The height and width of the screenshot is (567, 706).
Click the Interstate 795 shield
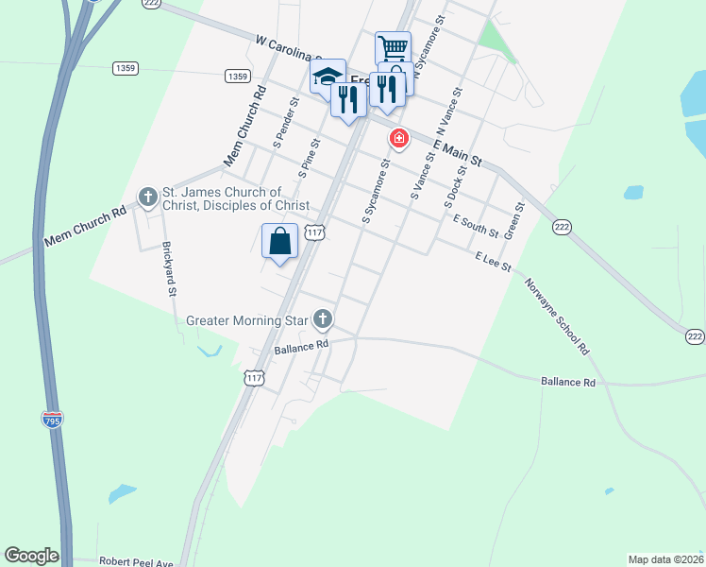(52, 418)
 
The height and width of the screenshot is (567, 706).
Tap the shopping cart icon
(393, 48)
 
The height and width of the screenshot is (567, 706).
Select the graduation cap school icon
(328, 76)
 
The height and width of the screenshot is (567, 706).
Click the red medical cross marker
(399, 139)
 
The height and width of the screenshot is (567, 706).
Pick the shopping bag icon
(280, 241)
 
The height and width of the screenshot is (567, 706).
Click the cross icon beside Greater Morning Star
(323, 318)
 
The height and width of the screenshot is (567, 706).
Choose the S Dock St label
(457, 186)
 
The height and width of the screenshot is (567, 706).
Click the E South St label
(475, 226)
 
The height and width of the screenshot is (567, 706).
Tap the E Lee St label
(493, 261)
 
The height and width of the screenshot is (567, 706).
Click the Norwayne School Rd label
(558, 309)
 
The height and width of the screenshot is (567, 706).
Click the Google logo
(31, 556)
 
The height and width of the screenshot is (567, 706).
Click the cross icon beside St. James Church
(147, 198)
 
